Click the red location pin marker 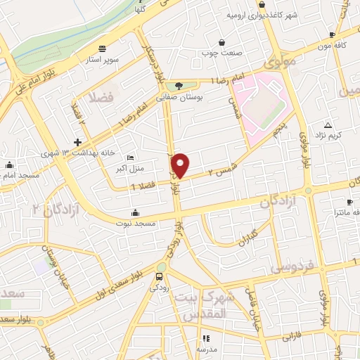point(181,165)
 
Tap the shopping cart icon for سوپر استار point(103,49)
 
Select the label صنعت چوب point(221,53)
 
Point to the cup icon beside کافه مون point(332,34)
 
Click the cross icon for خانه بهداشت point(77,142)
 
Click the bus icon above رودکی point(159,276)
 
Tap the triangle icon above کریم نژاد point(328,124)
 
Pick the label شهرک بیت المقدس point(207,306)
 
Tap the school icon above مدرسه point(206,338)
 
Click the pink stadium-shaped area point(260,103)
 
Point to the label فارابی point(290,337)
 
